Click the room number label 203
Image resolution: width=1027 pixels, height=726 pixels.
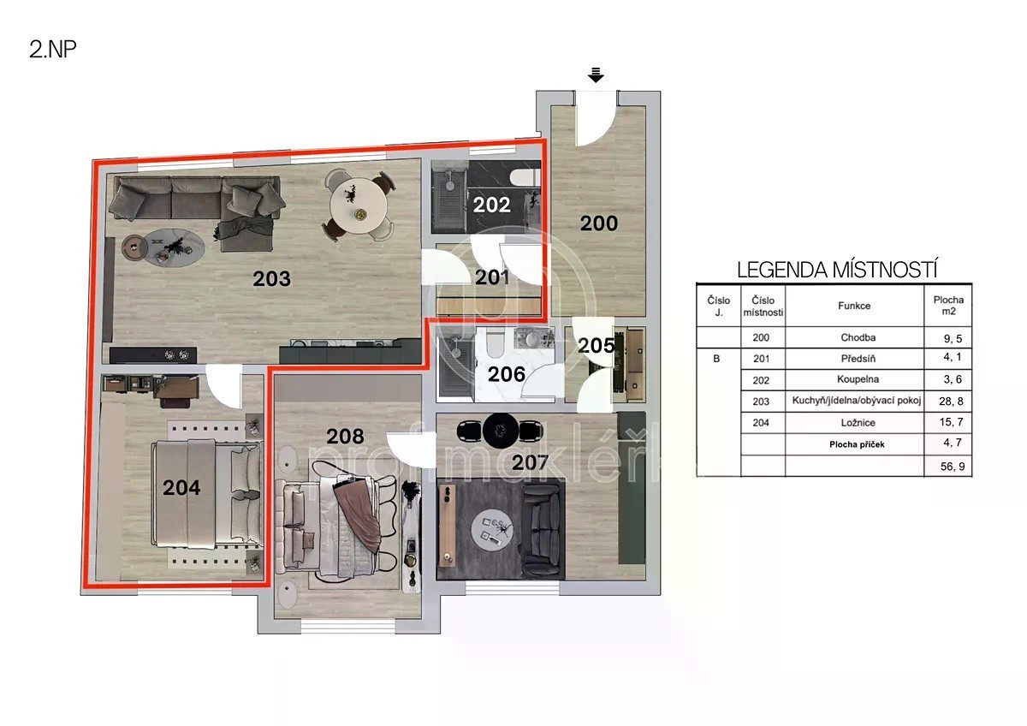pyautogui.click(x=272, y=279)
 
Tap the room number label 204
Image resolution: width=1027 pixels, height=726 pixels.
pyautogui.click(x=181, y=487)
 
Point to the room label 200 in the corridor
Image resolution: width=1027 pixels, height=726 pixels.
pyautogui.click(x=599, y=223)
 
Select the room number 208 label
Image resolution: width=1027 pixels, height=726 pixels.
pyautogui.click(x=345, y=436)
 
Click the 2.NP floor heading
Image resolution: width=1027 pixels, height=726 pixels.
pyautogui.click(x=53, y=49)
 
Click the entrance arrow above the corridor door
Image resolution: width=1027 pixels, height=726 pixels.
pyautogui.click(x=596, y=74)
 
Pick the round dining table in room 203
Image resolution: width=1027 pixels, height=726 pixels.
pyautogui.click(x=359, y=206)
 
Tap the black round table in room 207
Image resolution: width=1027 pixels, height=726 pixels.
pyautogui.click(x=501, y=431)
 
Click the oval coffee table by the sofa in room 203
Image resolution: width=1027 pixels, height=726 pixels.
pyautogui.click(x=174, y=247)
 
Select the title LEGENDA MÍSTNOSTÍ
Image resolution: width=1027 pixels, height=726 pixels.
pyautogui.click(x=837, y=271)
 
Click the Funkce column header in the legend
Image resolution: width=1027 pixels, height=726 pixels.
pyautogui.click(x=854, y=306)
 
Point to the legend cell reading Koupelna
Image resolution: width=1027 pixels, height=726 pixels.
pyautogui.click(x=858, y=379)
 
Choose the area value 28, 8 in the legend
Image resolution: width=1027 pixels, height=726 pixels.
pyautogui.click(x=951, y=402)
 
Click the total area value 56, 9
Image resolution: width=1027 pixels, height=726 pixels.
pyautogui.click(x=953, y=467)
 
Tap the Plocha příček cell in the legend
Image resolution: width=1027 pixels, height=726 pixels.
pyautogui.click(x=857, y=444)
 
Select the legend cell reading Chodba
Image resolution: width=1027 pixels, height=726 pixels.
pyautogui.click(x=858, y=337)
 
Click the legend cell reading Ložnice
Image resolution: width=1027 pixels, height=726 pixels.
pyautogui.click(x=858, y=423)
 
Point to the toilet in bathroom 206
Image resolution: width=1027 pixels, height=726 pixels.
pyautogui.click(x=495, y=344)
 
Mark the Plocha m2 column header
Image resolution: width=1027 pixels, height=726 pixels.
pyautogui.click(x=948, y=306)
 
